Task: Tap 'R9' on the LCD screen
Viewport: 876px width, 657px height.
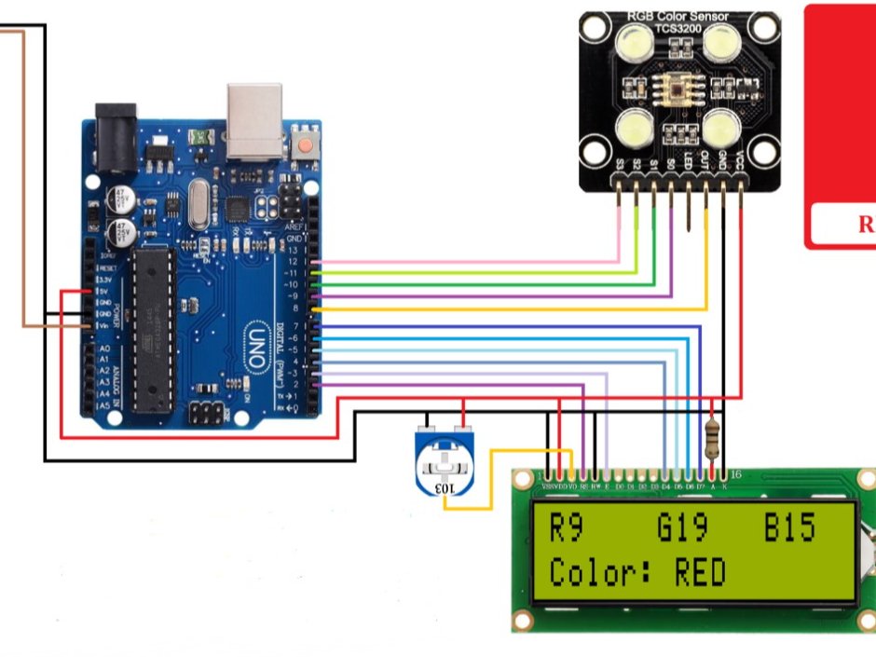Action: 566,527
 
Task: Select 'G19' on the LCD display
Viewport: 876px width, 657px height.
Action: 682,527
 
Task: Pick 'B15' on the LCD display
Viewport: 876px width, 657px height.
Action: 790,527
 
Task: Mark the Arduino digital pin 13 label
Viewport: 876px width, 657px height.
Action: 294,251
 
